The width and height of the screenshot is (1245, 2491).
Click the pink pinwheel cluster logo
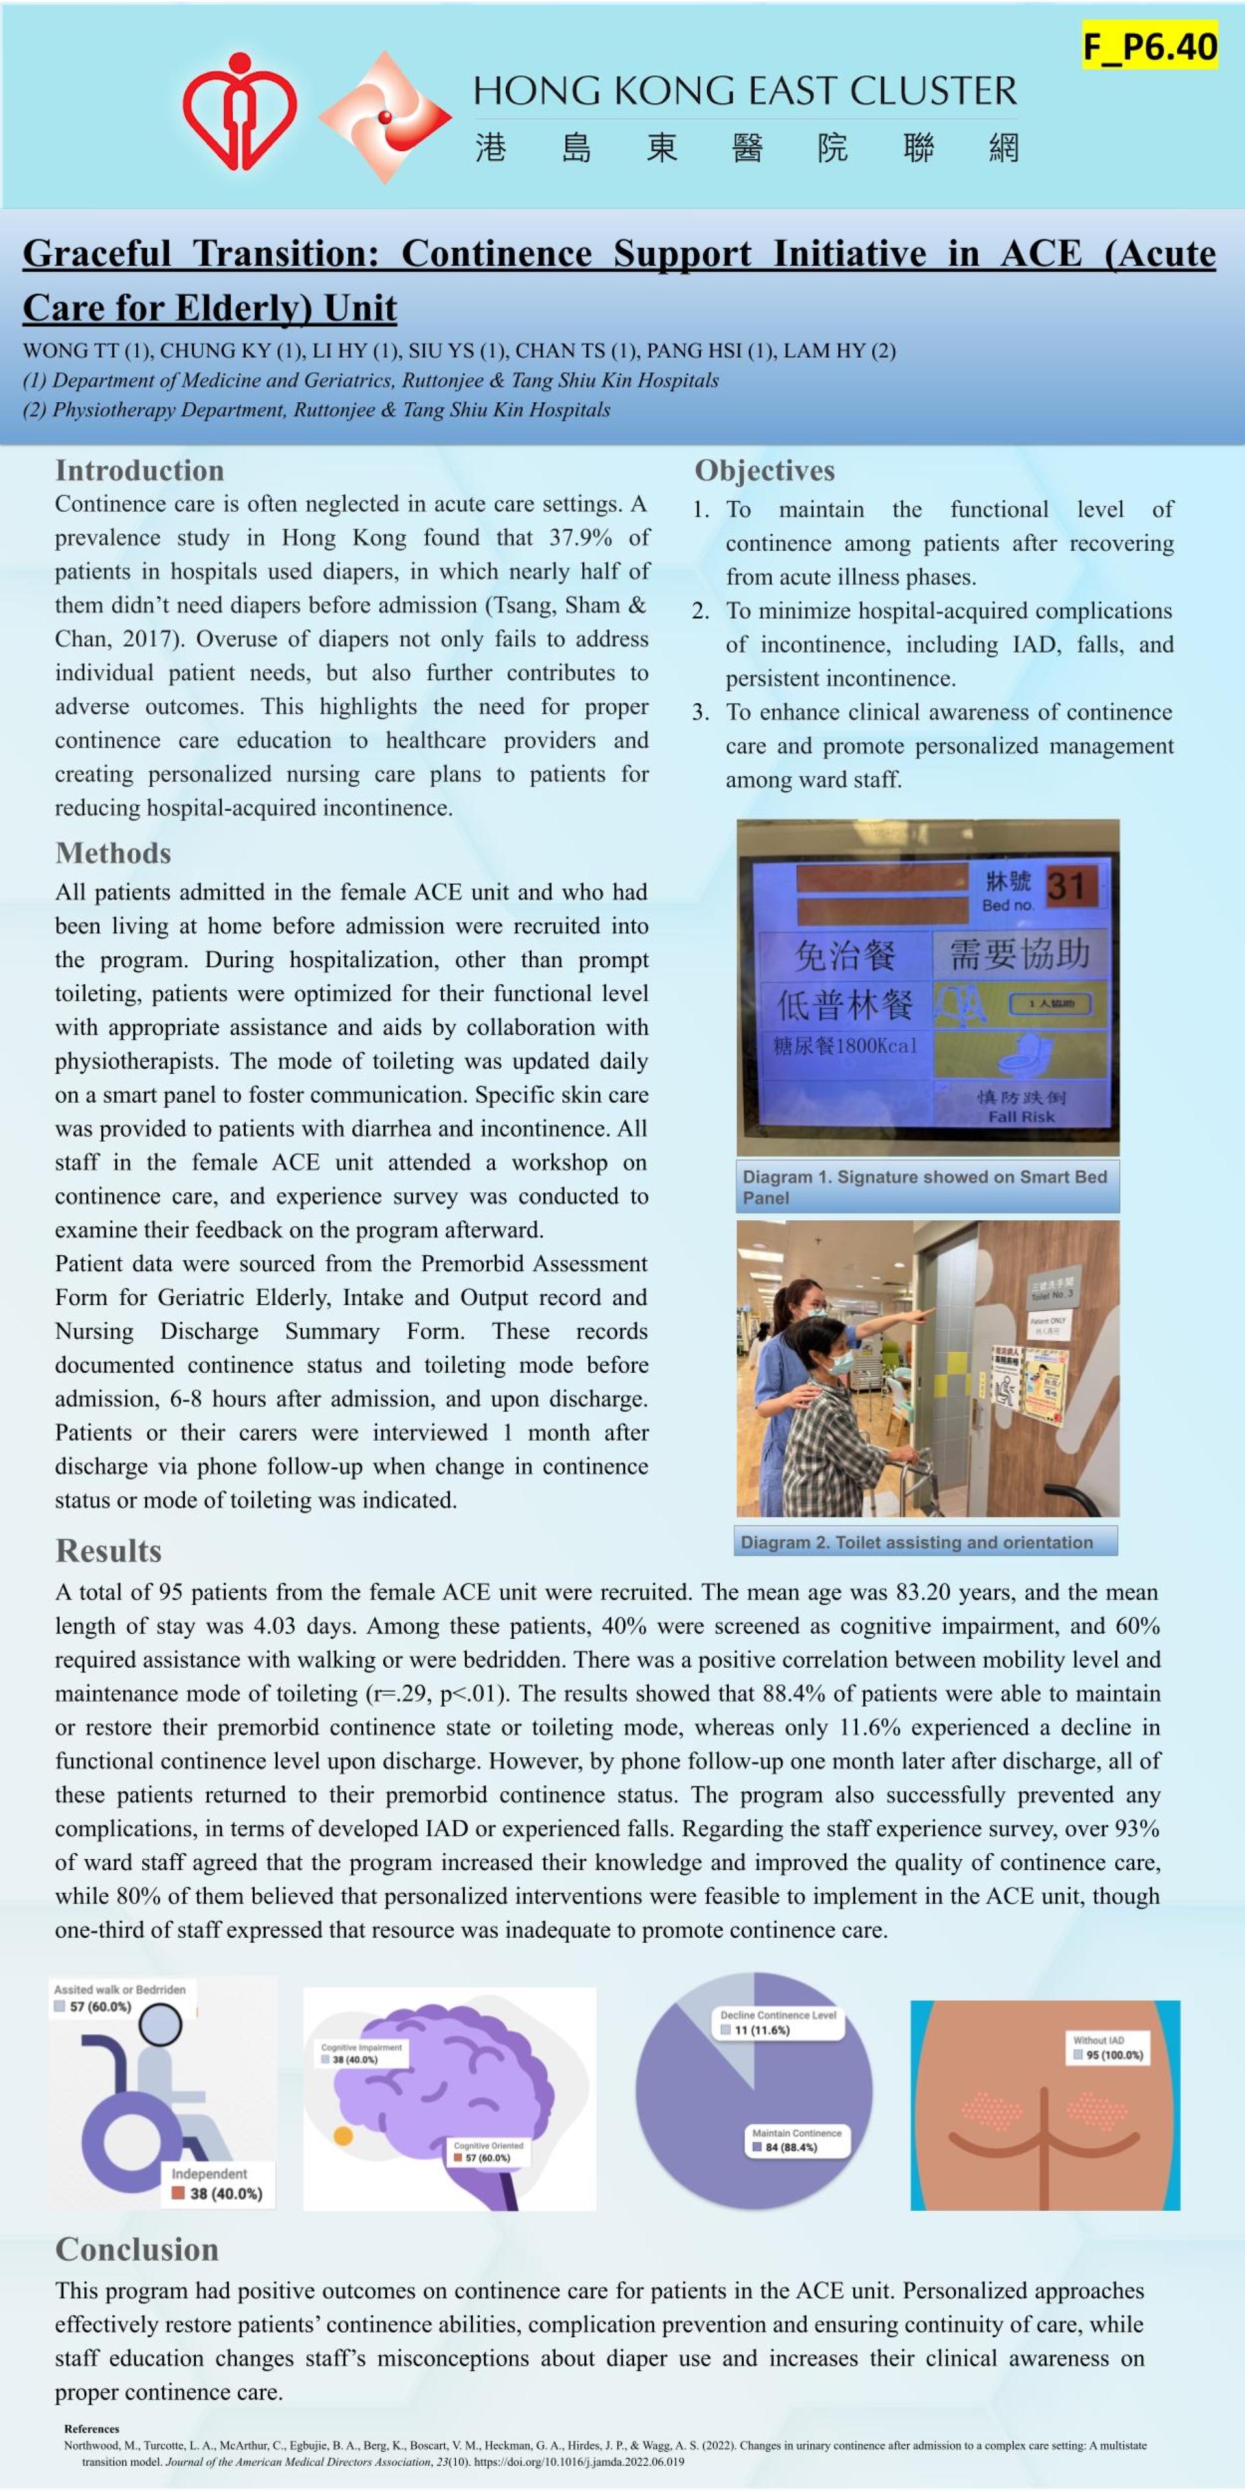(385, 117)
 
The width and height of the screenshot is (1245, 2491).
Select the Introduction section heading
(139, 471)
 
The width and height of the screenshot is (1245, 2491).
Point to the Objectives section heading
(765, 471)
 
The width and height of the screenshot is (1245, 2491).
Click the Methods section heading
(113, 853)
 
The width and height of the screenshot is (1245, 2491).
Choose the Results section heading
(108, 1551)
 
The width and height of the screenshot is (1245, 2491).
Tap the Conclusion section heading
(137, 2250)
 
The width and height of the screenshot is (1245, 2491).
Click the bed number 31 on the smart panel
(1065, 885)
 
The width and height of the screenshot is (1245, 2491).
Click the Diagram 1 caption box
(927, 1186)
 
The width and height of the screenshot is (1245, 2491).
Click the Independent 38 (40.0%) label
(217, 2184)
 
